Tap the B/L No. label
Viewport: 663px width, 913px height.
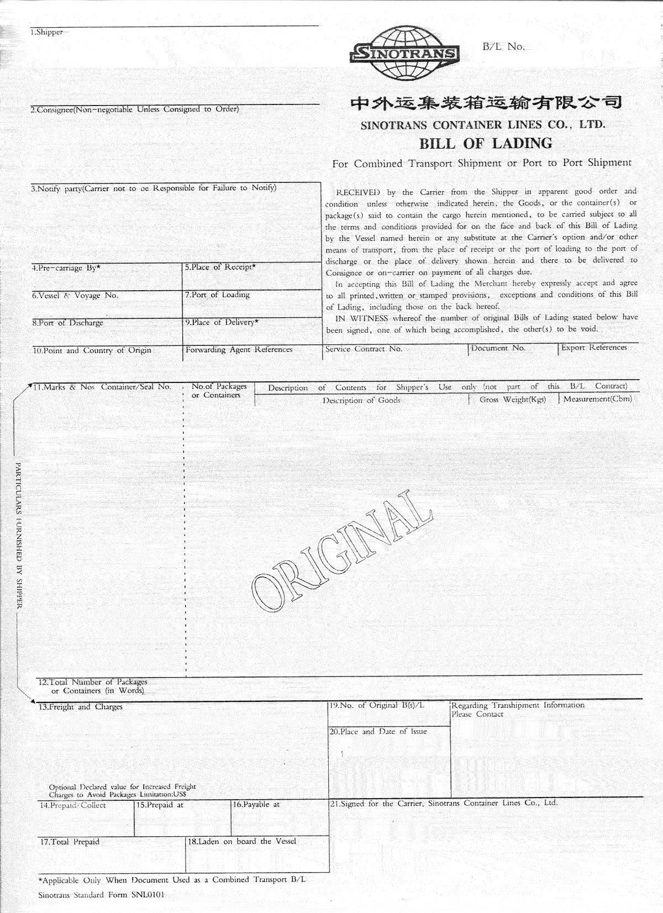(x=503, y=47)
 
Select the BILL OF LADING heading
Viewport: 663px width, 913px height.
(x=486, y=144)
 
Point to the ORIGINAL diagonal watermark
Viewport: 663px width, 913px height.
(x=341, y=550)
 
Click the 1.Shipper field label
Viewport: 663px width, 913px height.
(x=47, y=33)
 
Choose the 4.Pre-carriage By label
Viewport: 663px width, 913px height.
(x=66, y=268)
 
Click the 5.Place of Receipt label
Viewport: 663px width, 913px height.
(x=220, y=267)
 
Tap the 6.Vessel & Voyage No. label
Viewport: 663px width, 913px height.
(x=75, y=296)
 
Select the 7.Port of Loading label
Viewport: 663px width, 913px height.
(x=217, y=295)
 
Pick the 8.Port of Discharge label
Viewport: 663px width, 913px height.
(x=67, y=323)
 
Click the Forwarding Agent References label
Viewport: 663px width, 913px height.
(x=239, y=350)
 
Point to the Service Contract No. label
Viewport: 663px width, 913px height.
(x=364, y=349)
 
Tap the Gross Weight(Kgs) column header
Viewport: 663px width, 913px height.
(x=513, y=400)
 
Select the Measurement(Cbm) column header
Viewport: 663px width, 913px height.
(x=597, y=399)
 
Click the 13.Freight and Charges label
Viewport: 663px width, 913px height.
(x=80, y=707)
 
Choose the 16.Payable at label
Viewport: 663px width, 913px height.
(x=256, y=805)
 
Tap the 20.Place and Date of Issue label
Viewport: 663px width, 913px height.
(x=378, y=732)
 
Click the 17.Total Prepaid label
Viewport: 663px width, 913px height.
(x=69, y=842)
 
